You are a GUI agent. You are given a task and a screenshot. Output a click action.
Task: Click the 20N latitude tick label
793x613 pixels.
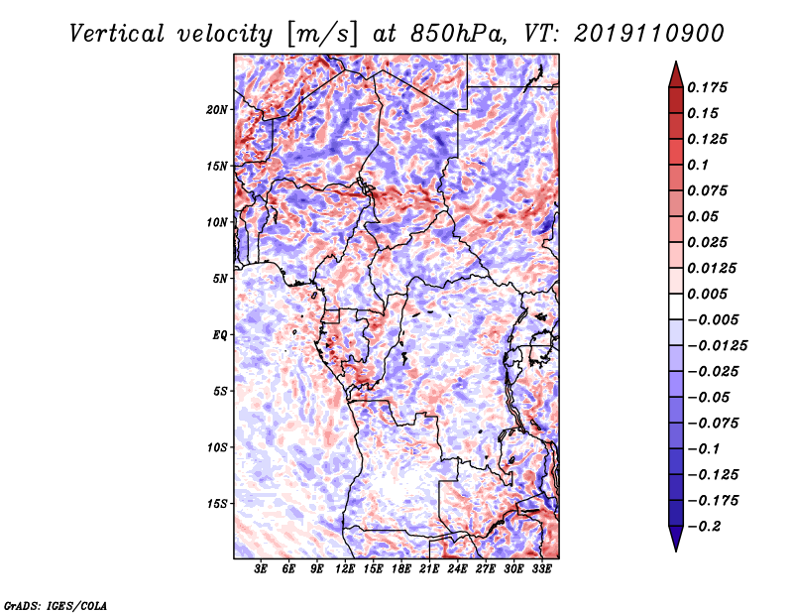[x=217, y=109]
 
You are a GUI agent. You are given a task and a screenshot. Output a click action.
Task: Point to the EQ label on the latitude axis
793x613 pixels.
[x=220, y=335]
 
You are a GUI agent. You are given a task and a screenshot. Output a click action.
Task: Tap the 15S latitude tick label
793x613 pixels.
[x=217, y=504]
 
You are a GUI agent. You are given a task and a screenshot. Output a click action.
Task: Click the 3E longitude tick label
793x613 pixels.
[x=262, y=569]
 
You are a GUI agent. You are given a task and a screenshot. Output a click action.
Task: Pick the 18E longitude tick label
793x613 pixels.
[x=401, y=569]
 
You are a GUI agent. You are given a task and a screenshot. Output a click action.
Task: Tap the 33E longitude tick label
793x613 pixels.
[x=541, y=569]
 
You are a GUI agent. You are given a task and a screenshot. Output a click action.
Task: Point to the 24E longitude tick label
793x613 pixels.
[x=458, y=569]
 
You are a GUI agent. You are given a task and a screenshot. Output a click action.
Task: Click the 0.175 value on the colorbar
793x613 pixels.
[x=710, y=88]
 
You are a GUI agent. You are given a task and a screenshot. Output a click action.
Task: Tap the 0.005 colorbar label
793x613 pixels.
[x=710, y=295]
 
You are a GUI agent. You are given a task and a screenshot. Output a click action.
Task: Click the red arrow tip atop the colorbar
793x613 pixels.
[x=674, y=69]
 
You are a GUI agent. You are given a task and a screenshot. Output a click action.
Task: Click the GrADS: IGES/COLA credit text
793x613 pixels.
[x=55, y=603]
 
